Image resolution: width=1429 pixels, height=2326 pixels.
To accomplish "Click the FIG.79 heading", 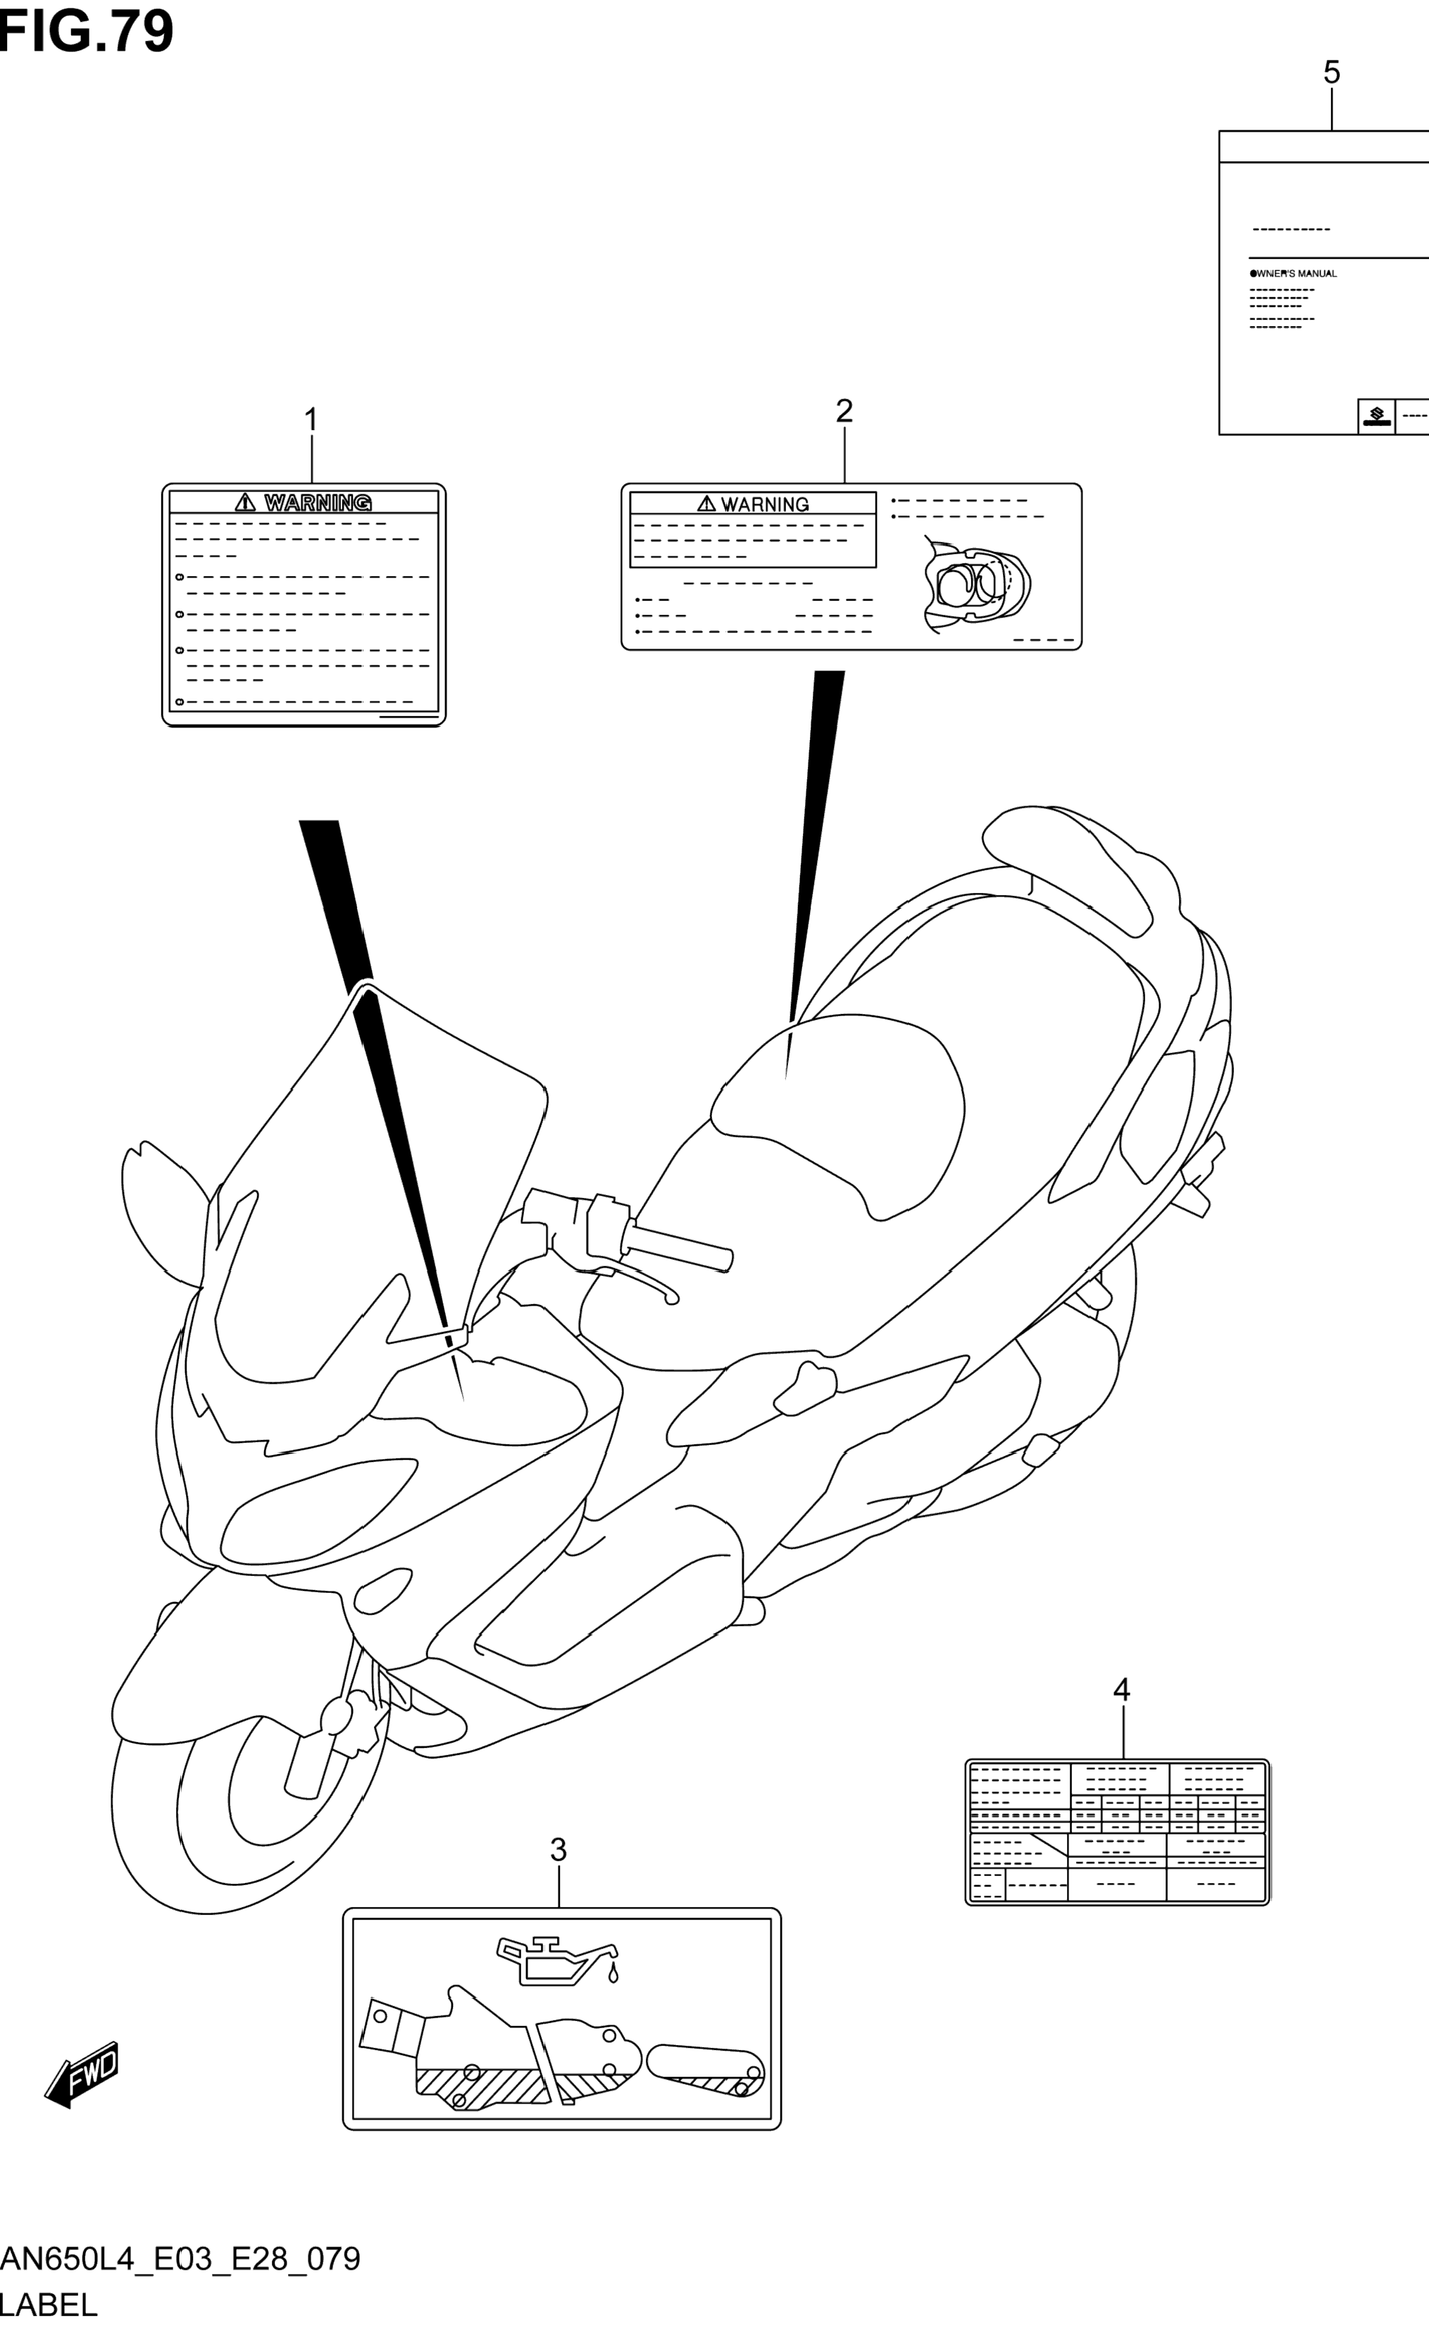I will pyautogui.click(x=87, y=30).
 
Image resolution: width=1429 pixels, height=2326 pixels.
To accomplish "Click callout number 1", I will pyautogui.click(x=310, y=420).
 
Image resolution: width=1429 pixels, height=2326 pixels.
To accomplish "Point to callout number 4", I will pyautogui.click(x=1122, y=1689).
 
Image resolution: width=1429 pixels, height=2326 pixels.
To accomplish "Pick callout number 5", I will pyautogui.click(x=1332, y=73).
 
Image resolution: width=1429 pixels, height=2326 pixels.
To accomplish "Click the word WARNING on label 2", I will pyautogui.click(x=765, y=504).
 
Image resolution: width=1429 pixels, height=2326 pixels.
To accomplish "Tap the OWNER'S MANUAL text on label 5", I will pyautogui.click(x=1294, y=274).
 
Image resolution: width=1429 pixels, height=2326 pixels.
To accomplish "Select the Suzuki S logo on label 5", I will pyautogui.click(x=1376, y=415).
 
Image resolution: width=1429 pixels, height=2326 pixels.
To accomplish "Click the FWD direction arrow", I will pyautogui.click(x=83, y=2075).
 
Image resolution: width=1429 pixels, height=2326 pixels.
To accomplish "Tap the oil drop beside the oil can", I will pyautogui.click(x=613, y=1974).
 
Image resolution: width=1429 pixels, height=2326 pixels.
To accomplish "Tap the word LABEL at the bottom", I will pyautogui.click(x=49, y=2305).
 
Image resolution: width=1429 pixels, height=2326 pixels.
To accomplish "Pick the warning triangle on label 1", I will pyautogui.click(x=246, y=501).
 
